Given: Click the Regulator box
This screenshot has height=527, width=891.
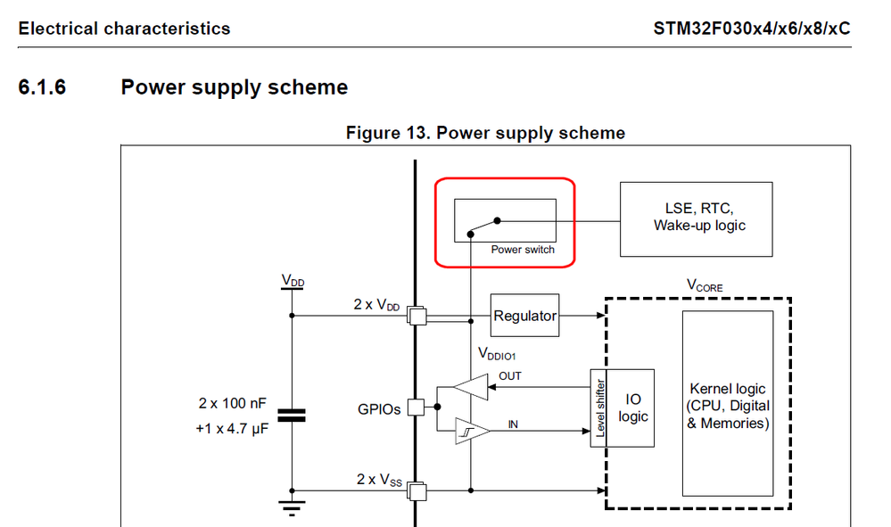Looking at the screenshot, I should click(524, 316).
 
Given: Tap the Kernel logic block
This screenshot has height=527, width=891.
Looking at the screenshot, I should click(728, 406).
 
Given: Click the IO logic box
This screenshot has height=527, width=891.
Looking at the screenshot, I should click(632, 408).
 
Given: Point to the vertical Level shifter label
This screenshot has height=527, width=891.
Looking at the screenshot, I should click(600, 408).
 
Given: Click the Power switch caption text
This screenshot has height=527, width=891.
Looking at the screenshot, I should click(523, 250).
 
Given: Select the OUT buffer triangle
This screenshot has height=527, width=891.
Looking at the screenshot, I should click(469, 388).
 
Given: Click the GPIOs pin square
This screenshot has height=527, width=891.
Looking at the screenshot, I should click(416, 408).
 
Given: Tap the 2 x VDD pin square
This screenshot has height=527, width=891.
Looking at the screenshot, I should click(416, 315).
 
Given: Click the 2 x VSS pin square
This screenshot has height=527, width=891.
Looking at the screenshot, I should click(416, 490).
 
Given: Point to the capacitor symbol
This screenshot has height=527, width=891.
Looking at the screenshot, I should click(291, 415).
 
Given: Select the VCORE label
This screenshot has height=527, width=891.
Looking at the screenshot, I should click(705, 287).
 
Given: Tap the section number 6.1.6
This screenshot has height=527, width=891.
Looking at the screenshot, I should click(43, 87).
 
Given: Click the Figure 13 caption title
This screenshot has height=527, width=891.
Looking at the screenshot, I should click(485, 133).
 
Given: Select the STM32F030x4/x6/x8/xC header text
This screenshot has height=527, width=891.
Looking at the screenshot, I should click(752, 29).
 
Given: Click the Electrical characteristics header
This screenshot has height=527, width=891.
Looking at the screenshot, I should click(124, 29).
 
